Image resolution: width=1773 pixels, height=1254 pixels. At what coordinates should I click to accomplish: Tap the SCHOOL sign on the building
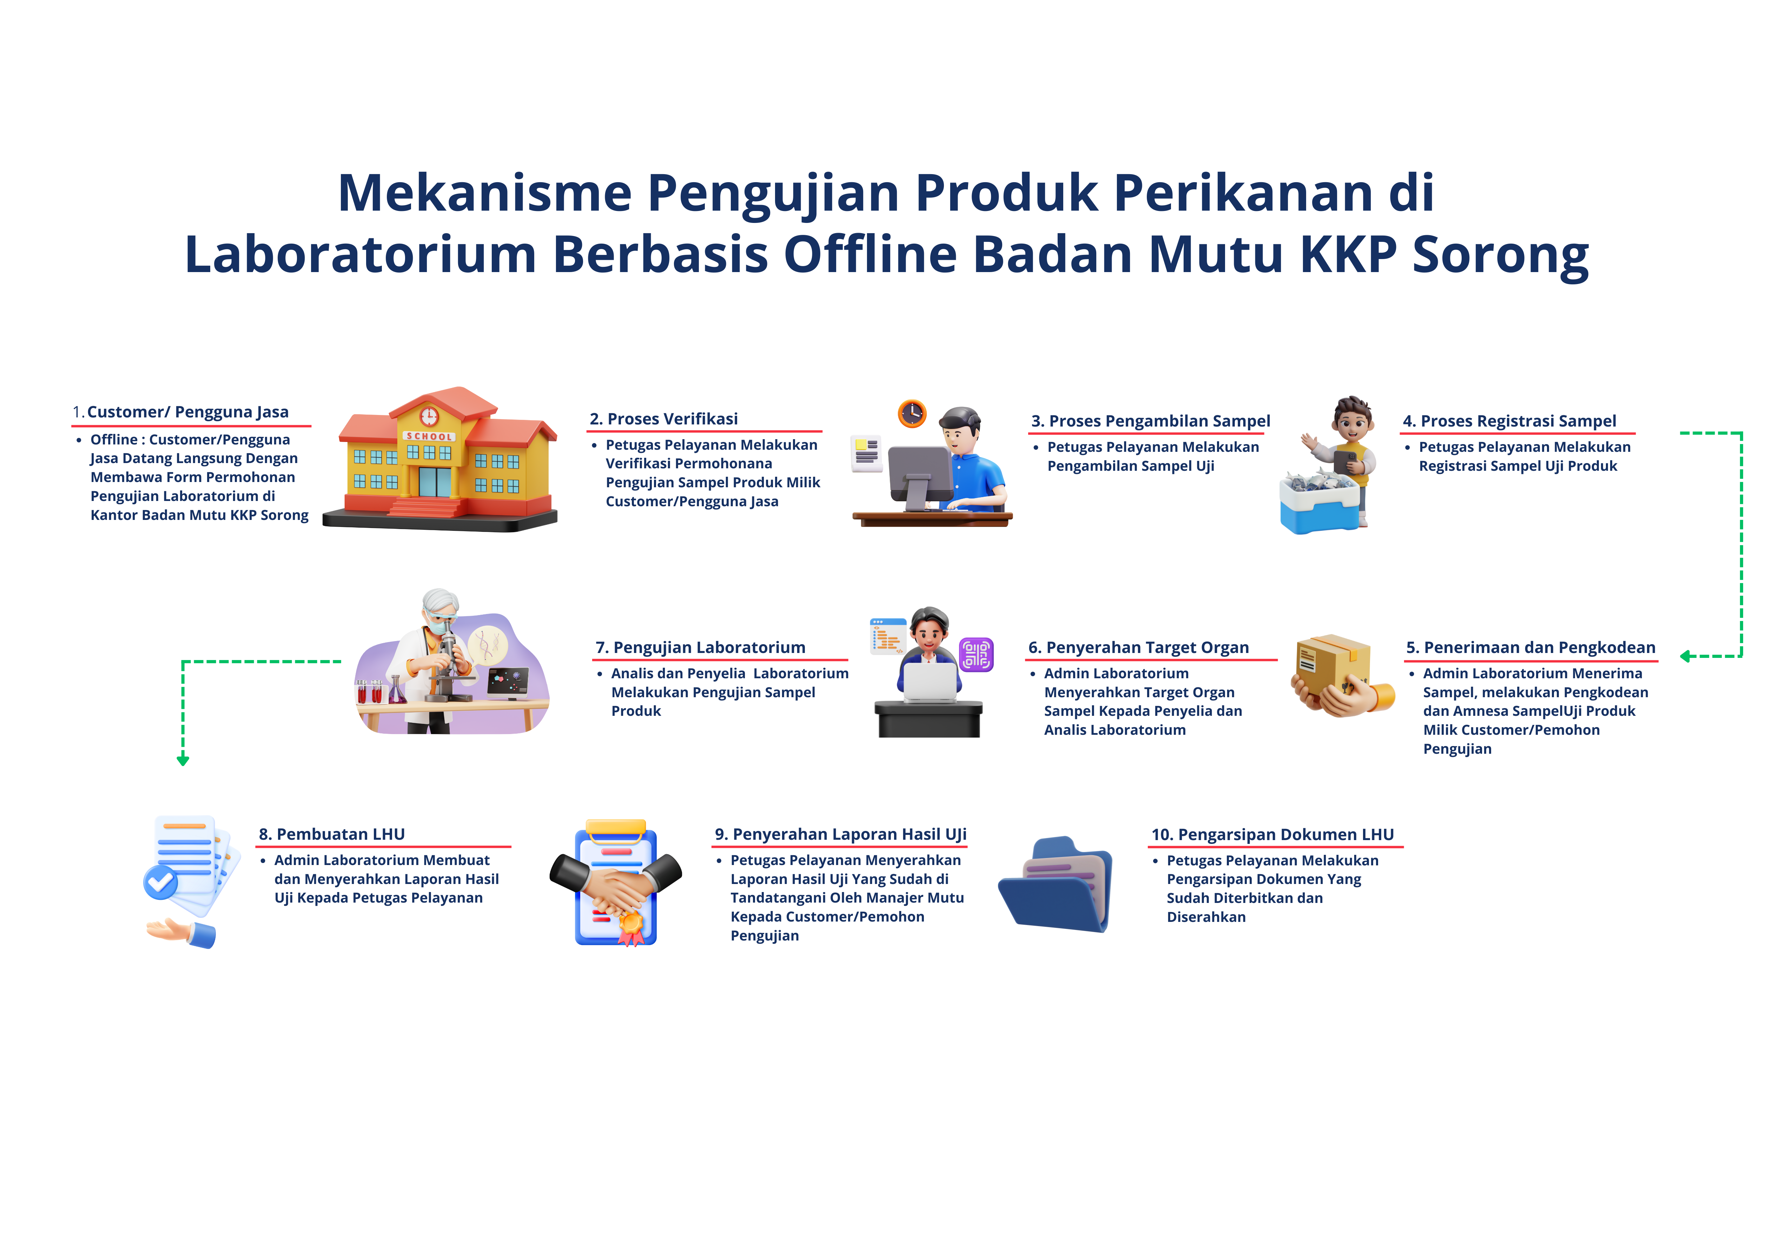(429, 436)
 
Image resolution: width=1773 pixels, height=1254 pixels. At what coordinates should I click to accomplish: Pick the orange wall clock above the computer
(912, 414)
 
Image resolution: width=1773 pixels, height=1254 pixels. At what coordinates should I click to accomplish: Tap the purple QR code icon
(976, 655)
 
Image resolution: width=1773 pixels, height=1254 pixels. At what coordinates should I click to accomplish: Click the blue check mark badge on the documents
(161, 882)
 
